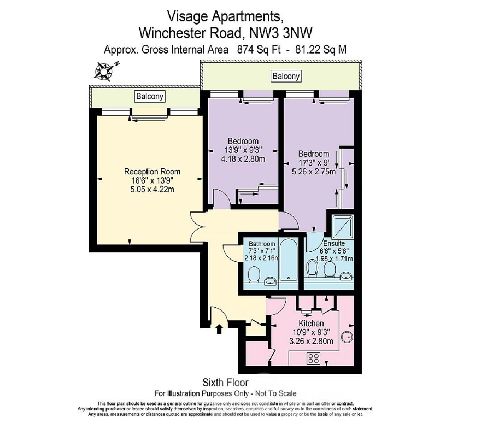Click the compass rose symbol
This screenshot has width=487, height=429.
tap(104, 70)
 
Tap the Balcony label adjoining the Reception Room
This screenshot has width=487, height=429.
tap(150, 97)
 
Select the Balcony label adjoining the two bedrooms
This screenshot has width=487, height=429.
tap(286, 76)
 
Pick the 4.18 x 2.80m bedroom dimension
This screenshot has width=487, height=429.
tap(243, 159)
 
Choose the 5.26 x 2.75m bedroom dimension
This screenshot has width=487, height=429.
tap(314, 172)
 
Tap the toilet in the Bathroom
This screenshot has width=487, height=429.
tap(254, 272)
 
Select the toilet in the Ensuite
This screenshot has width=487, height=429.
tap(313, 268)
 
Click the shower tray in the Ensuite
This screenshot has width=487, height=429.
tap(341, 225)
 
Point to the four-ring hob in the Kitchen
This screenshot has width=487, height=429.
tap(313, 359)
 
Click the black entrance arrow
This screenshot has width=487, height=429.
tap(220, 328)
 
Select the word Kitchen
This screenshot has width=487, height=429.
tap(310, 324)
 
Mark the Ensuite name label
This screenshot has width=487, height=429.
tap(333, 243)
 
